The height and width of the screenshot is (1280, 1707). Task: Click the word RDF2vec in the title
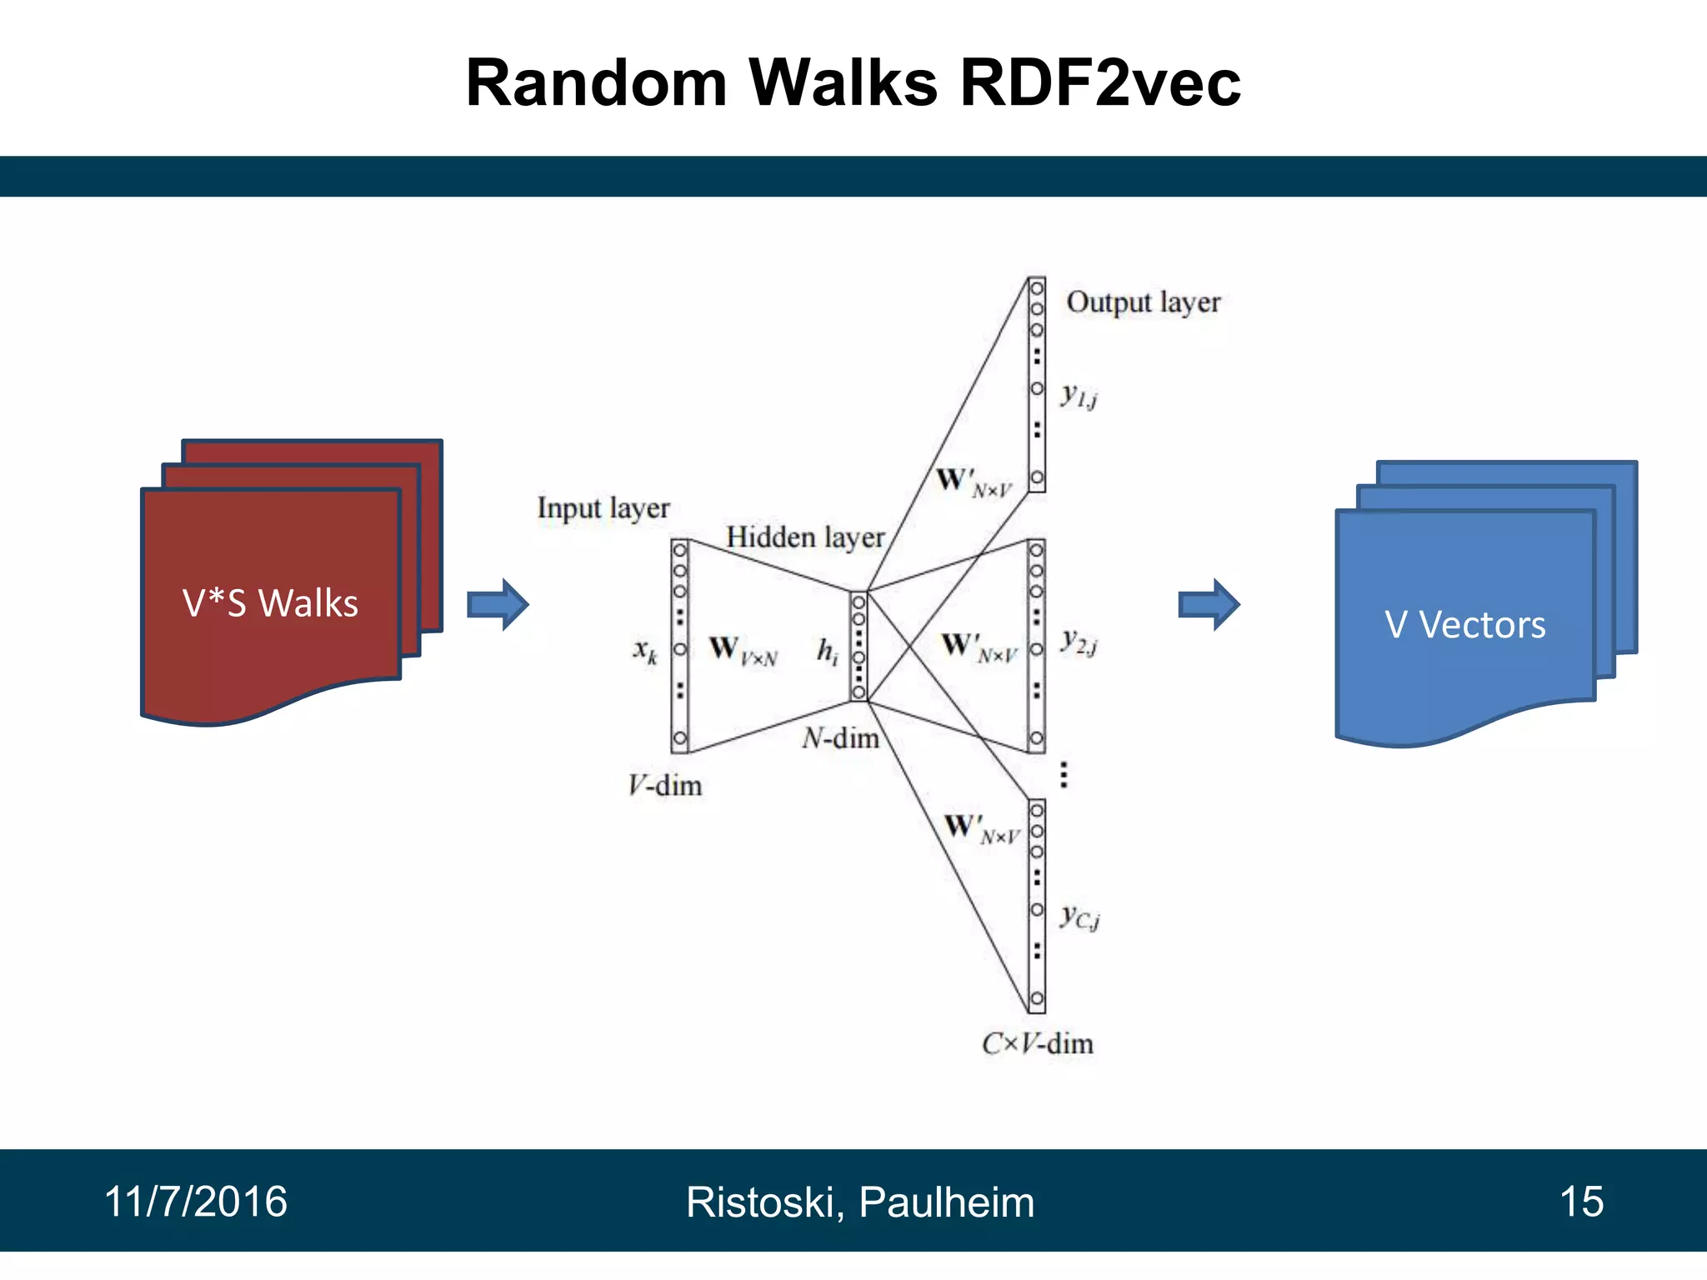point(1100,83)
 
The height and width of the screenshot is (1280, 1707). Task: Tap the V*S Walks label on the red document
point(270,603)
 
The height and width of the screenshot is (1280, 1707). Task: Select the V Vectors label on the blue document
point(1464,624)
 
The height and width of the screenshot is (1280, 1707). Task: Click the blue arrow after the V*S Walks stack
point(498,604)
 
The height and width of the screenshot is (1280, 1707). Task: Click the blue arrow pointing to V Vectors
point(1209,604)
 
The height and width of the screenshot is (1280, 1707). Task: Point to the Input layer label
point(603,507)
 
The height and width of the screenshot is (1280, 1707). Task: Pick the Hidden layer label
point(804,537)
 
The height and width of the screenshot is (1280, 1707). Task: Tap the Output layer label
point(1143,302)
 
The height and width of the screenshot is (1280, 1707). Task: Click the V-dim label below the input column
point(664,785)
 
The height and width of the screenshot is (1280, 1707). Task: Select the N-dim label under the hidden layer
point(840,737)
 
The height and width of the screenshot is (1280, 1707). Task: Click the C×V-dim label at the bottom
point(1037,1043)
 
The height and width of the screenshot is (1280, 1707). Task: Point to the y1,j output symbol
point(1079,396)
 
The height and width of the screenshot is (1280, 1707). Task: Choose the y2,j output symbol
point(1079,642)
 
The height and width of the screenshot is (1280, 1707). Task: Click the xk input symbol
point(645,650)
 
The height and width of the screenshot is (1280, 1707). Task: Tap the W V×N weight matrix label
point(743,650)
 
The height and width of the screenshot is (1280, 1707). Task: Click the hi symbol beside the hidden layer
point(827,651)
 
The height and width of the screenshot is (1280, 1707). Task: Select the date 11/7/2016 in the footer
point(195,1202)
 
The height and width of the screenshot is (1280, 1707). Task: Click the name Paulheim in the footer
point(946,1202)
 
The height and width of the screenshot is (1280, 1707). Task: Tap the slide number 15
point(1580,1202)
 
